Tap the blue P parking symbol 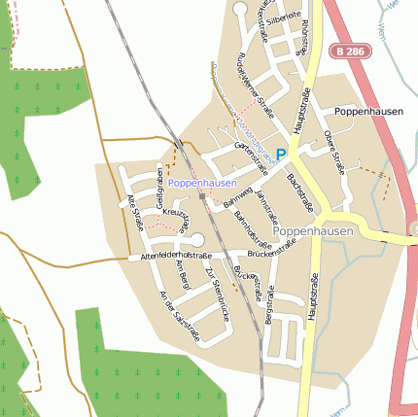point(282,155)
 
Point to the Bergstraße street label point(269,307)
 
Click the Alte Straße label point(134,213)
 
